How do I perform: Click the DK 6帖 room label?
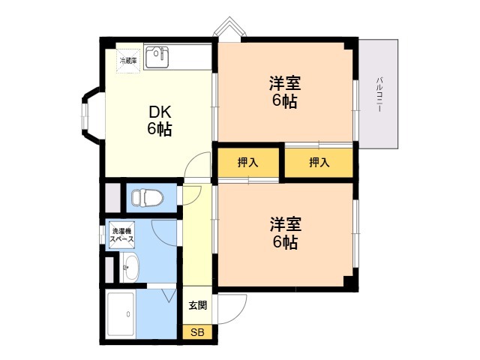pos(160,120)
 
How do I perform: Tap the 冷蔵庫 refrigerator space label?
pos(128,61)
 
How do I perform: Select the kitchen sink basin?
pos(157,57)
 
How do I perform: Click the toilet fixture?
pos(148,197)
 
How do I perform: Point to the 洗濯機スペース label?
pos(121,235)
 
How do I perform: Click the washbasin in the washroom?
pos(130,267)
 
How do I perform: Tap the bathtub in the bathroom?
pos(121,314)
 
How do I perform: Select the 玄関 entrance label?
pos(197,305)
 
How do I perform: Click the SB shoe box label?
pos(197,332)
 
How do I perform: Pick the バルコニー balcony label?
pos(379,94)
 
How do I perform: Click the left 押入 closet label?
pos(247,163)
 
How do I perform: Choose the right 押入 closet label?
pos(319,163)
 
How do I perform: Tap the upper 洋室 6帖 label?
pos(285,91)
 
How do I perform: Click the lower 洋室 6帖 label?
pos(285,232)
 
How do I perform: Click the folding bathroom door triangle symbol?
pos(170,295)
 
